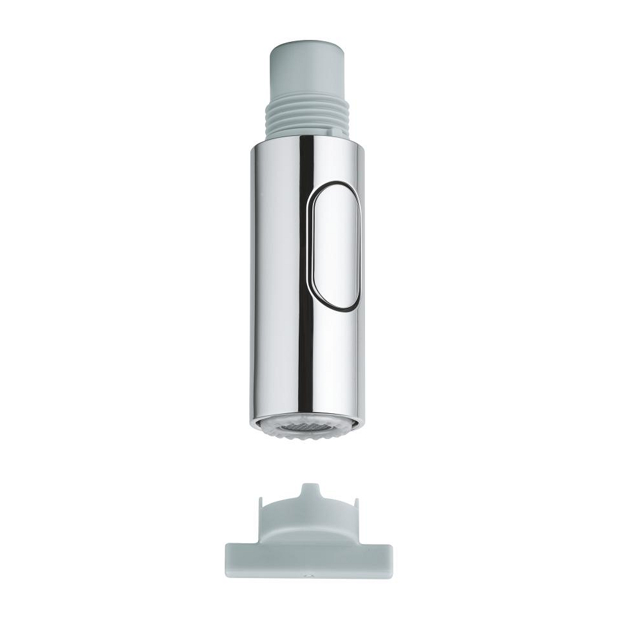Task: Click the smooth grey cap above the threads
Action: click(x=307, y=71)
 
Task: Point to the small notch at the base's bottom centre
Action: click(x=308, y=576)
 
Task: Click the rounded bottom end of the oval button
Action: click(x=335, y=303)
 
